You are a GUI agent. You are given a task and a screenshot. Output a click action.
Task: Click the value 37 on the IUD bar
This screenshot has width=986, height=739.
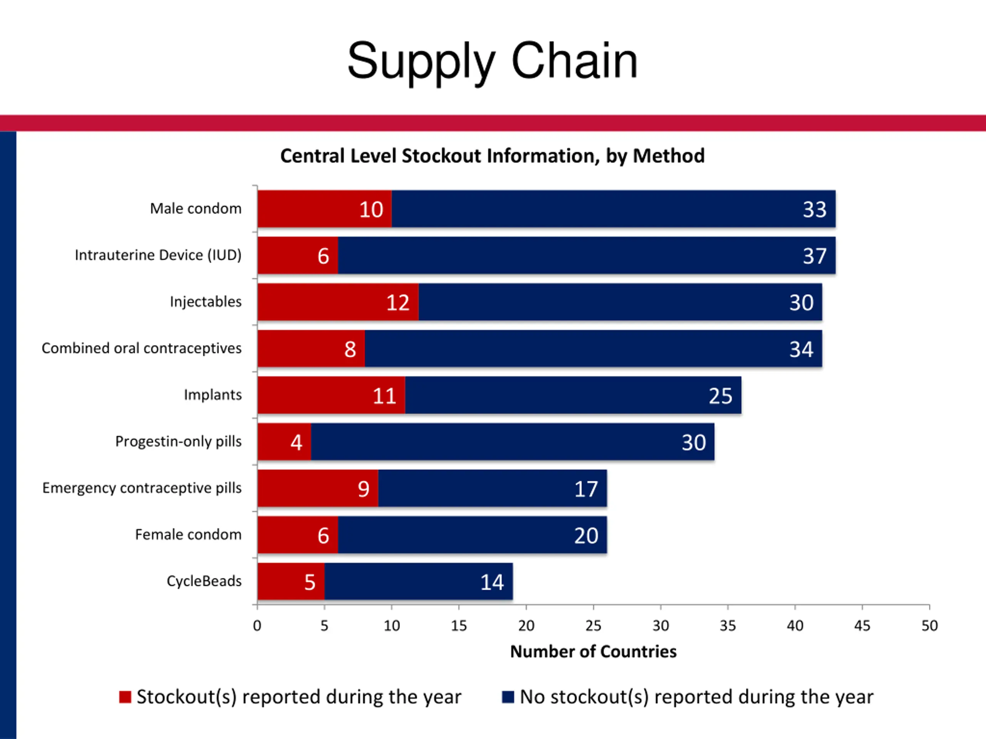(x=814, y=256)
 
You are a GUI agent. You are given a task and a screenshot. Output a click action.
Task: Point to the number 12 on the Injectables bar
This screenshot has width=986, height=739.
(x=397, y=303)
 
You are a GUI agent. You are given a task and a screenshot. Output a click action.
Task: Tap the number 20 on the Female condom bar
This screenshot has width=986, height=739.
(x=586, y=535)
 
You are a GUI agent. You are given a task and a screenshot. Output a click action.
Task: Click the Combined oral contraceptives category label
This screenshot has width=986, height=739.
(x=141, y=348)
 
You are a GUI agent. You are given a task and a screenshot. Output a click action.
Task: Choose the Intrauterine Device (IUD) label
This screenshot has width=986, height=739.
(x=158, y=255)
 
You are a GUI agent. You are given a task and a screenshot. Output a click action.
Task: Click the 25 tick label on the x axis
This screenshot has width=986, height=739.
(x=593, y=626)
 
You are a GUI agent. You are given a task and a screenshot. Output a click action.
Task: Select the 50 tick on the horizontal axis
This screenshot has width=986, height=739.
(x=929, y=626)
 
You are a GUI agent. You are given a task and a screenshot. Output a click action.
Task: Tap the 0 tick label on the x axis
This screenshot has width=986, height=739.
(x=257, y=626)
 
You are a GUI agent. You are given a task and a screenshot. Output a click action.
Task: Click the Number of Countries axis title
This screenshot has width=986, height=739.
(x=593, y=652)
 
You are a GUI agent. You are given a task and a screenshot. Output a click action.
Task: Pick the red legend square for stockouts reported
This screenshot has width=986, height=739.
(x=125, y=697)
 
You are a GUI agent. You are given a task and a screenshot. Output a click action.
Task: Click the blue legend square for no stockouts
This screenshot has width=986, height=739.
(x=508, y=697)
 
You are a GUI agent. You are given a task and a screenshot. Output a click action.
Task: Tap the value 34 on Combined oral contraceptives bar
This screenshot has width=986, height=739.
(x=801, y=349)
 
